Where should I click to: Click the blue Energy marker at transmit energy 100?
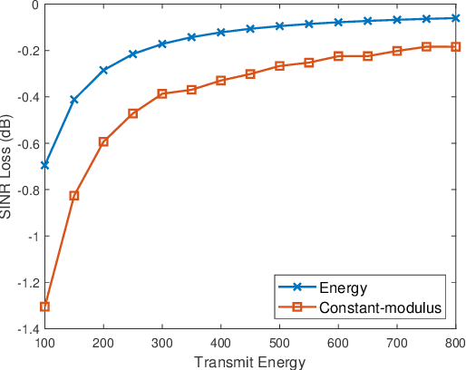tap(44, 165)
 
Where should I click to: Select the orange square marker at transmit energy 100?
tap(44, 307)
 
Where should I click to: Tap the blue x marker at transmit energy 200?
tap(103, 70)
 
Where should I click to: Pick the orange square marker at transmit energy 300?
tap(162, 93)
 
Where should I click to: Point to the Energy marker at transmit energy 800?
tap(455, 18)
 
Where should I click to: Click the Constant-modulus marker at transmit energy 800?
tap(455, 46)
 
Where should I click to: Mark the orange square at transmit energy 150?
tap(74, 195)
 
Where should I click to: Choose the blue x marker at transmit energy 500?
tap(279, 26)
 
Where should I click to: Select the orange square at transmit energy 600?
tap(338, 56)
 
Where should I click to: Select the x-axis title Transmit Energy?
tap(249, 362)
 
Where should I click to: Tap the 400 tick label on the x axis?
tap(220, 344)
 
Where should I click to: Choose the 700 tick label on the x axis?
tap(396, 344)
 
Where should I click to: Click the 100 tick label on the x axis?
tap(44, 344)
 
